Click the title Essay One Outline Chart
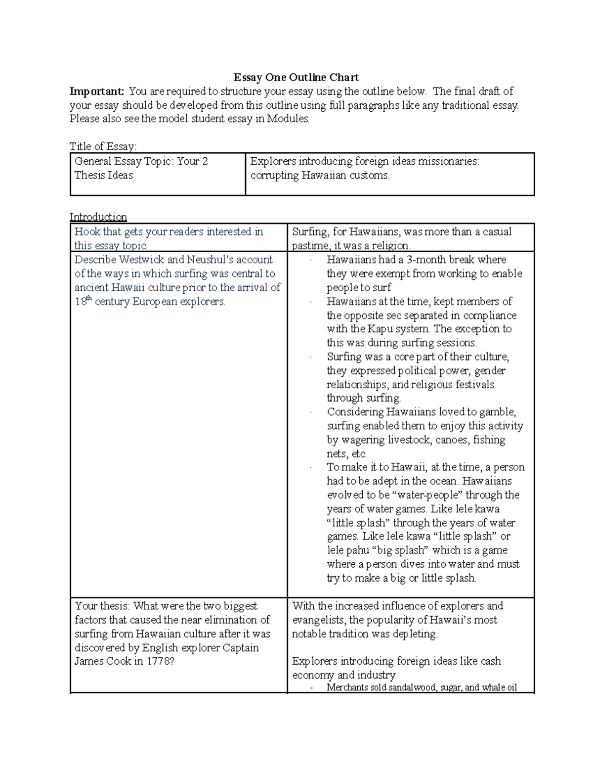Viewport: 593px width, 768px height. point(296,78)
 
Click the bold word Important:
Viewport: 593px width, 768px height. point(97,91)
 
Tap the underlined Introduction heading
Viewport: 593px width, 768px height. point(98,217)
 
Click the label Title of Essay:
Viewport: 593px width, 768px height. point(103,146)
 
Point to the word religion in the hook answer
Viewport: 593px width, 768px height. point(393,246)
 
